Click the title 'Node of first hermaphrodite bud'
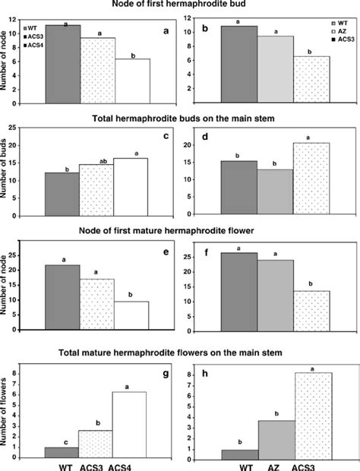179,7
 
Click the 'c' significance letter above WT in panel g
62,441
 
